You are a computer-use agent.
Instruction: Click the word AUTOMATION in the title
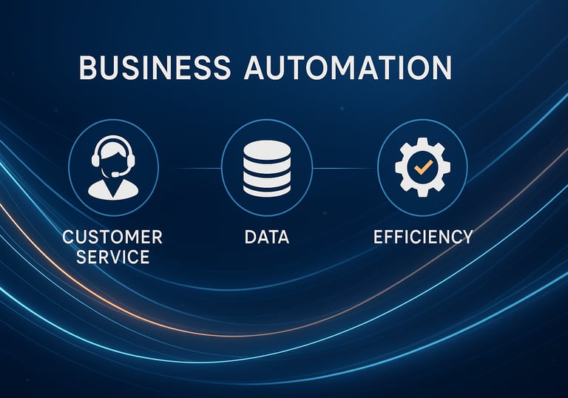(348, 67)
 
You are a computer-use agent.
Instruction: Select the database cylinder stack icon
(267, 168)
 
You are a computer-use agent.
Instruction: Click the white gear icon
(422, 168)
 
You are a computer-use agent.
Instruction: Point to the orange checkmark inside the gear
(423, 168)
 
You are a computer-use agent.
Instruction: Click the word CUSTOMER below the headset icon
(113, 237)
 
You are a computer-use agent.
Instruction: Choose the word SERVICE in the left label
(113, 257)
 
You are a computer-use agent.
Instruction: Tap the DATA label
(267, 237)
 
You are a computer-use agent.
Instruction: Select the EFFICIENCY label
(423, 237)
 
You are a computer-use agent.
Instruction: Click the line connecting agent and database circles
(189, 168)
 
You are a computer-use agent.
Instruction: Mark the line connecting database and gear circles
(345, 168)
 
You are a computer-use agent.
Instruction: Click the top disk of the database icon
(267, 148)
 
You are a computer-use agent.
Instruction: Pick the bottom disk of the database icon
(267, 190)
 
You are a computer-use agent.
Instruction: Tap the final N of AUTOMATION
(441, 67)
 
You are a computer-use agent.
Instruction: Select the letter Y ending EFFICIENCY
(466, 237)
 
